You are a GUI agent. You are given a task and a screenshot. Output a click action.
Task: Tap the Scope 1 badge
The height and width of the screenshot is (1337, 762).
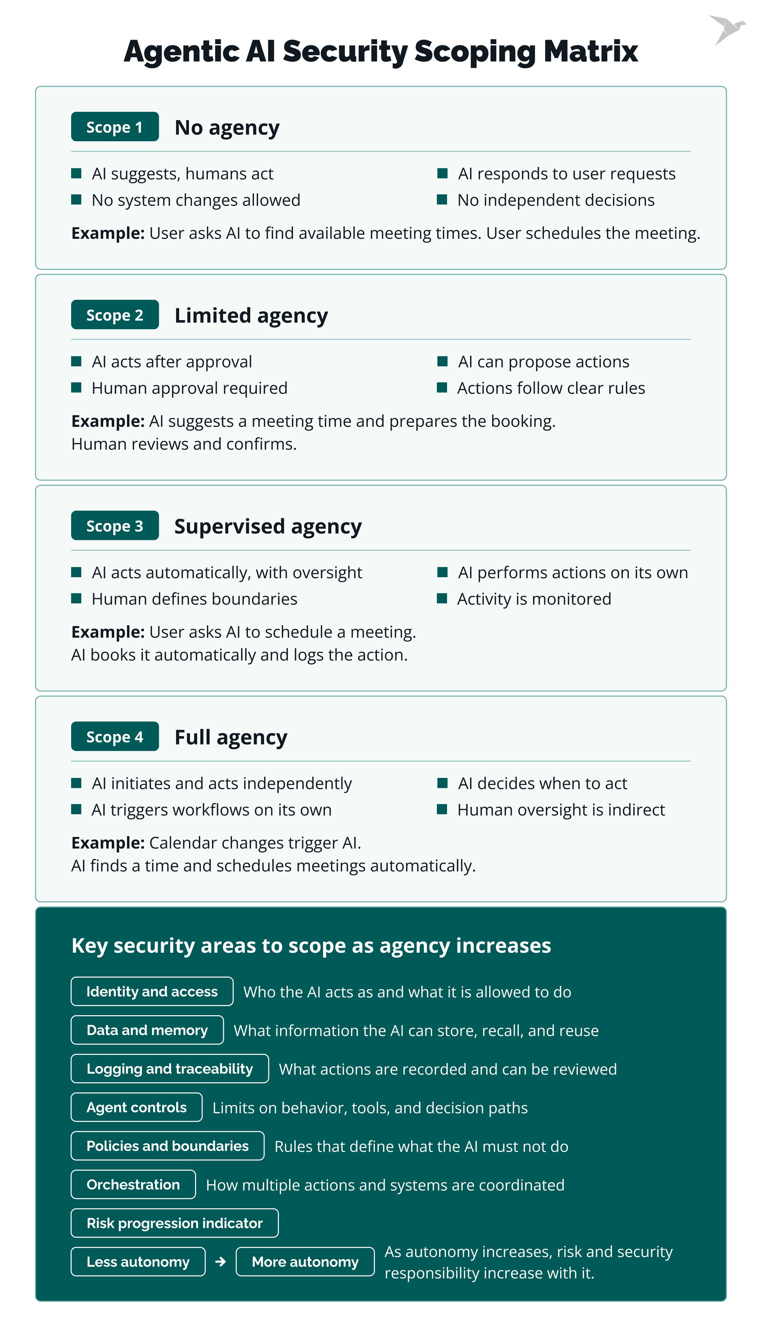(x=114, y=127)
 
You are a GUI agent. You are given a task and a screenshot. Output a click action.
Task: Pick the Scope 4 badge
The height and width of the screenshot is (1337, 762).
(x=114, y=736)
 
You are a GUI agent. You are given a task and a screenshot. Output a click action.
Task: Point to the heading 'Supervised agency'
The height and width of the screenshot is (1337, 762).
(x=268, y=526)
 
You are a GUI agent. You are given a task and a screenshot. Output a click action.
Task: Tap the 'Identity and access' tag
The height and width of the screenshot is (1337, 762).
(x=152, y=991)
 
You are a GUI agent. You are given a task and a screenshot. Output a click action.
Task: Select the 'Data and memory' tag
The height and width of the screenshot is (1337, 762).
(x=147, y=1030)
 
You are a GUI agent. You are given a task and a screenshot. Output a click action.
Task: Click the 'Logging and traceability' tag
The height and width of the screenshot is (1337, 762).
(x=170, y=1069)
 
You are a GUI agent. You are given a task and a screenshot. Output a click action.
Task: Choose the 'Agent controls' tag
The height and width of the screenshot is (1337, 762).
(x=136, y=1107)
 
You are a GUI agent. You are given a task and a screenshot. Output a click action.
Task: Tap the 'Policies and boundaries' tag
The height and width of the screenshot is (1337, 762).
(x=168, y=1146)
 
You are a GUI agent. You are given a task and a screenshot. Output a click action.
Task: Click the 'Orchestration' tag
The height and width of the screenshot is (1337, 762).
(x=133, y=1184)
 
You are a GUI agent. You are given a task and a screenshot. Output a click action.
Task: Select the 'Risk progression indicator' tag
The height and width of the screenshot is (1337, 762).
(x=174, y=1223)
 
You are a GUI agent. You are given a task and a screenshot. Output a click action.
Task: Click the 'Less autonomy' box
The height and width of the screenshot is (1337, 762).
(x=138, y=1262)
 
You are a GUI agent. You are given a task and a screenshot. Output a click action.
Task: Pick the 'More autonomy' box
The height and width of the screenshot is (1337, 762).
(x=305, y=1262)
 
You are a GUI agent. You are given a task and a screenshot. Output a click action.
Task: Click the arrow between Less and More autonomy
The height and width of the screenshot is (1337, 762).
(x=220, y=1262)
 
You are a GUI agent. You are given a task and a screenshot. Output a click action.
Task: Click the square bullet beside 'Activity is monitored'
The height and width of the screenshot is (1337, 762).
(x=442, y=599)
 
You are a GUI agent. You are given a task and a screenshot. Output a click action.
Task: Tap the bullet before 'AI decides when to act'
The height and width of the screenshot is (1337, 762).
(x=442, y=783)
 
